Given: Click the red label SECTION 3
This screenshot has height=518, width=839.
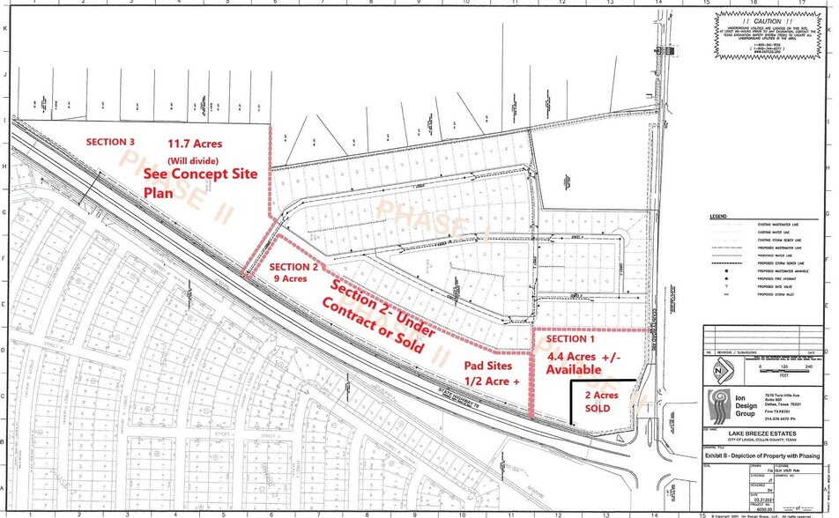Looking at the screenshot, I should (x=110, y=142).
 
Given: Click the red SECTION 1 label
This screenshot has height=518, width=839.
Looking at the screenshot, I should (x=571, y=339).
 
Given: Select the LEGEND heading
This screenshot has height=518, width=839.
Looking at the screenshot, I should (x=718, y=217).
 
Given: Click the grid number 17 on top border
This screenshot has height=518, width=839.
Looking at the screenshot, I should (x=799, y=4).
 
